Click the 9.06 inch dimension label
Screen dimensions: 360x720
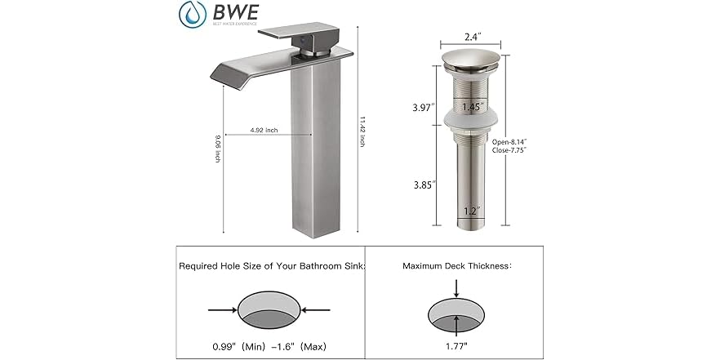tap(218, 149)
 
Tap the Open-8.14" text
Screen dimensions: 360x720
tap(512, 140)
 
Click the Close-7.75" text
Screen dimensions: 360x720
tap(512, 151)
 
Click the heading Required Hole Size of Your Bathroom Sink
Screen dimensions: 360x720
tap(272, 266)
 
